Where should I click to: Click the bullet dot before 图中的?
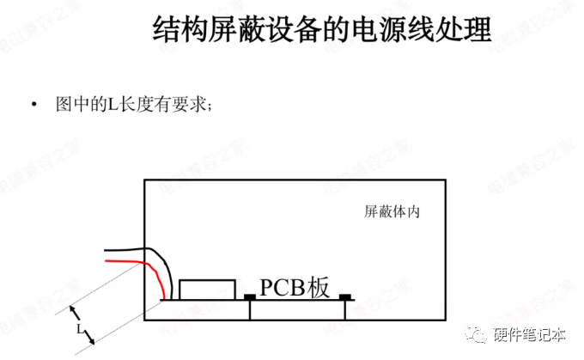click(x=33, y=105)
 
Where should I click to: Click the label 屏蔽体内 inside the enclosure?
click(x=391, y=211)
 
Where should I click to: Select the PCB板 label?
click(x=295, y=287)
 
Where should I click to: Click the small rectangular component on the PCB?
click(x=207, y=289)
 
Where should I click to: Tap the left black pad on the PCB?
click(x=249, y=297)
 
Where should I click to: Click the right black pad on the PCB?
click(x=345, y=297)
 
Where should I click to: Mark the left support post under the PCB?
click(x=250, y=310)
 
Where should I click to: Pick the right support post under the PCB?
click(x=345, y=310)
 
